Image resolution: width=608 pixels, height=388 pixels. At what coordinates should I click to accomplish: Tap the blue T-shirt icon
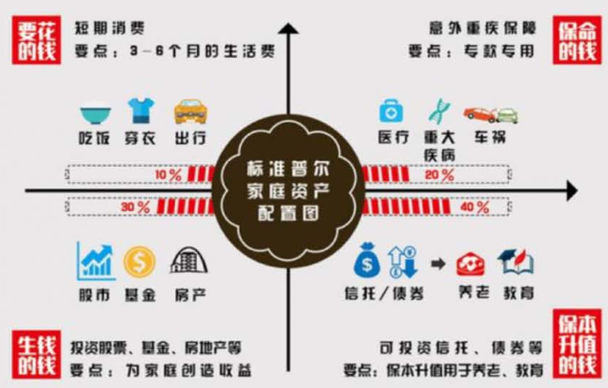point(141,111)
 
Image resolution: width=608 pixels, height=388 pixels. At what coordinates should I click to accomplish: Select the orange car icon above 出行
point(189,111)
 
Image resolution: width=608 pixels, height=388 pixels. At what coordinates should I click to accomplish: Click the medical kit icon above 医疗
point(391,112)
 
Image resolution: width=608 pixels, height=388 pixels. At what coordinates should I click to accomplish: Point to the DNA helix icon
point(438,111)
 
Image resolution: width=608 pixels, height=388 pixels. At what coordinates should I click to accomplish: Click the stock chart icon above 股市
point(97,261)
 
